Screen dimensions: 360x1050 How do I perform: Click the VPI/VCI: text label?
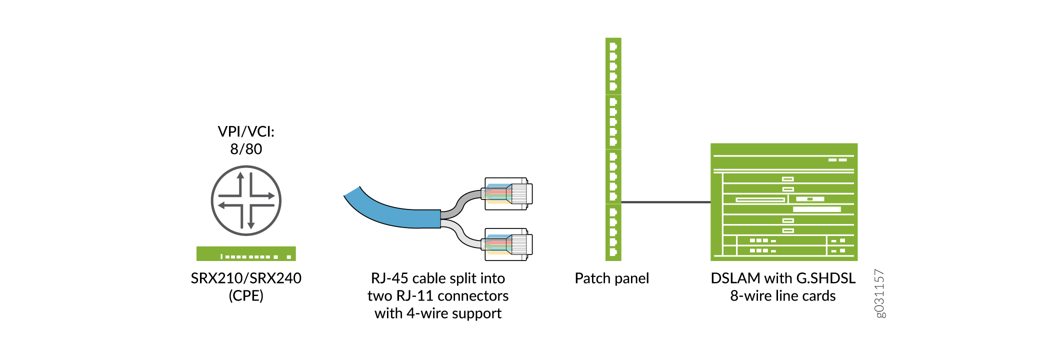pyautogui.click(x=246, y=131)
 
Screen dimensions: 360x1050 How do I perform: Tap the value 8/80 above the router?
pyautogui.click(x=246, y=149)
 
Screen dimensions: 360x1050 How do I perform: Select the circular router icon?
pyautogui.click(x=246, y=200)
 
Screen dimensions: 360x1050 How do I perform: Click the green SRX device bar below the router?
pyautogui.click(x=246, y=253)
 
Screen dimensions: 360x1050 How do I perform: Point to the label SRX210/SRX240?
pyautogui.click(x=246, y=278)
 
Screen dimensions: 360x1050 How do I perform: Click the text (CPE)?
pyautogui.click(x=246, y=295)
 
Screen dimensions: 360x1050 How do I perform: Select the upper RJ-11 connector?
pyautogui.click(x=507, y=193)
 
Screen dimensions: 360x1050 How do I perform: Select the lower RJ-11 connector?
pyautogui.click(x=507, y=244)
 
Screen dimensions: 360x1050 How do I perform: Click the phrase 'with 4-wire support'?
pyautogui.click(x=438, y=313)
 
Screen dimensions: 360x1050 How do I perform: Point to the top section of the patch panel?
pyautogui.click(x=613, y=66)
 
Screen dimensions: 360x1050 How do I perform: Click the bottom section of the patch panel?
pyautogui.click(x=613, y=232)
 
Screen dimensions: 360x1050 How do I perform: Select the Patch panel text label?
pyautogui.click(x=611, y=278)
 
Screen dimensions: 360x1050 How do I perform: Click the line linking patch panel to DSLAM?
pyautogui.click(x=665, y=202)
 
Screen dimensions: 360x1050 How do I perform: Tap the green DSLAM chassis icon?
pyautogui.click(x=783, y=202)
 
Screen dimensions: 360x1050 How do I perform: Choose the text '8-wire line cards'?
pyautogui.click(x=782, y=296)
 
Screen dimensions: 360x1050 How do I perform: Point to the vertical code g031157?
pyautogui.click(x=880, y=293)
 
